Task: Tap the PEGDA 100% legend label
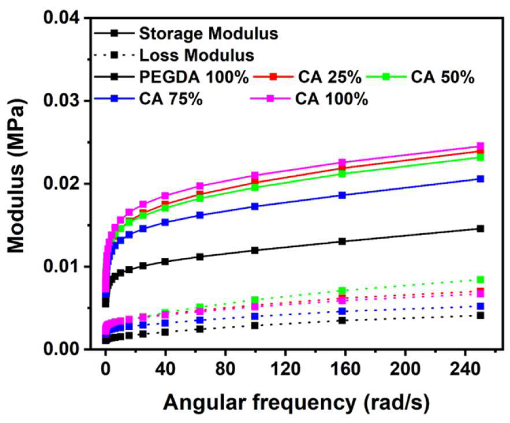tap(194, 77)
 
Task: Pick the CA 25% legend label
tap(330, 77)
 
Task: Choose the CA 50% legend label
tap(442, 77)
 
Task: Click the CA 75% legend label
tap(171, 99)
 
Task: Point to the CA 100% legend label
tap(332, 99)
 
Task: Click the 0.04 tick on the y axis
tap(61, 18)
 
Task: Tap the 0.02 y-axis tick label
tap(61, 183)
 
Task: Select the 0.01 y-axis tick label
tap(61, 266)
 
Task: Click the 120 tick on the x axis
tap(286, 368)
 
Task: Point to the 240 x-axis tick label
tap(466, 368)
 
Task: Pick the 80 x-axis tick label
tap(226, 368)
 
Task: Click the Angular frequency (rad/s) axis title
tap(296, 402)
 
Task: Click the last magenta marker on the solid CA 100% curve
tap(480, 146)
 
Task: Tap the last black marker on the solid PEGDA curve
tap(480, 229)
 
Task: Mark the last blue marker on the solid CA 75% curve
tap(480, 179)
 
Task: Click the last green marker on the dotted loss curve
tap(480, 279)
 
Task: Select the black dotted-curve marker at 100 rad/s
tap(255, 325)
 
